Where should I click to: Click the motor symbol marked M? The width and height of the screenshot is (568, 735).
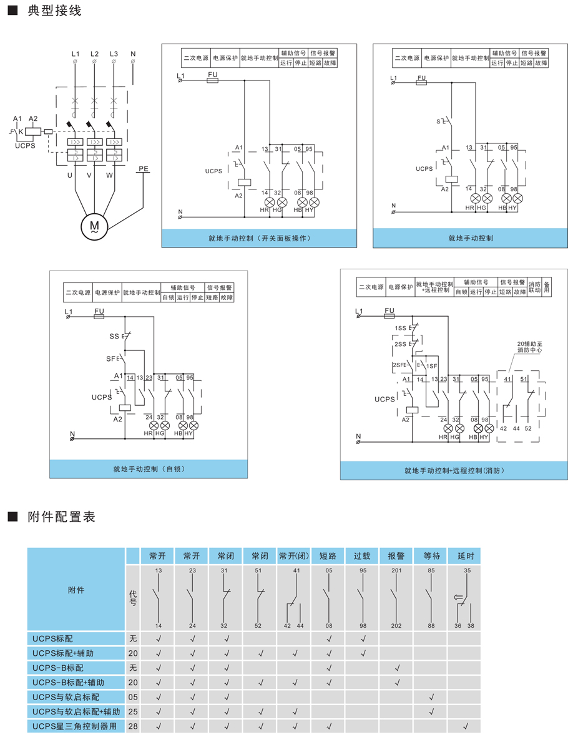point(94,226)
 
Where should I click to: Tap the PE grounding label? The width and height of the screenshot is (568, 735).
point(143,169)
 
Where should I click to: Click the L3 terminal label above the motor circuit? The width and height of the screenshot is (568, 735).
point(114,54)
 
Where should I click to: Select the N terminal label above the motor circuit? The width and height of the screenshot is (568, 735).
point(133,54)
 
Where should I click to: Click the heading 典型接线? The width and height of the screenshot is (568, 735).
point(54,12)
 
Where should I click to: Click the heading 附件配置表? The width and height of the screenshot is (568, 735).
point(61,517)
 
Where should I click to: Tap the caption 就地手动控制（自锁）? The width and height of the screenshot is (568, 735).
point(149,469)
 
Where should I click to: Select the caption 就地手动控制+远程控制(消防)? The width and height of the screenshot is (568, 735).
point(454,471)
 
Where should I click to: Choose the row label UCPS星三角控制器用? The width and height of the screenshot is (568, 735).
point(76,726)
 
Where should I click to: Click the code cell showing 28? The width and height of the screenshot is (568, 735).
point(132,726)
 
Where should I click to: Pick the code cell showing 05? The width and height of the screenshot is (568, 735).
point(132,697)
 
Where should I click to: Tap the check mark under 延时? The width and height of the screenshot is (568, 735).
point(466,726)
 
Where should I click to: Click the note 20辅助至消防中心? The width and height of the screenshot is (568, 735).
point(530,347)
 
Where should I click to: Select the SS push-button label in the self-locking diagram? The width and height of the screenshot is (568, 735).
point(114,337)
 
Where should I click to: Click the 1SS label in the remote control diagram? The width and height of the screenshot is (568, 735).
point(400,328)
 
